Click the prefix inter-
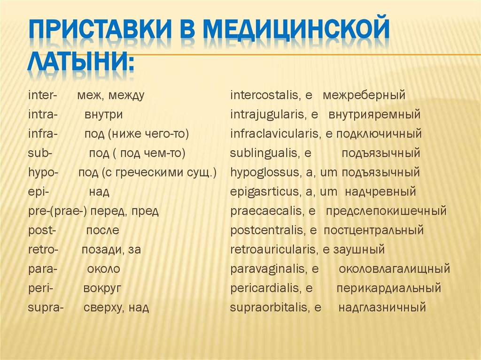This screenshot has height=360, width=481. point(42,96)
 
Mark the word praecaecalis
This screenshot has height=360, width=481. point(266,211)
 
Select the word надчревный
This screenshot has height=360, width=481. point(380,192)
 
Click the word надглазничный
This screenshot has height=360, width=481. point(382,308)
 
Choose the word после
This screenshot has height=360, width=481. point(102,230)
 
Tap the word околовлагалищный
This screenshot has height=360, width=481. point(395,269)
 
